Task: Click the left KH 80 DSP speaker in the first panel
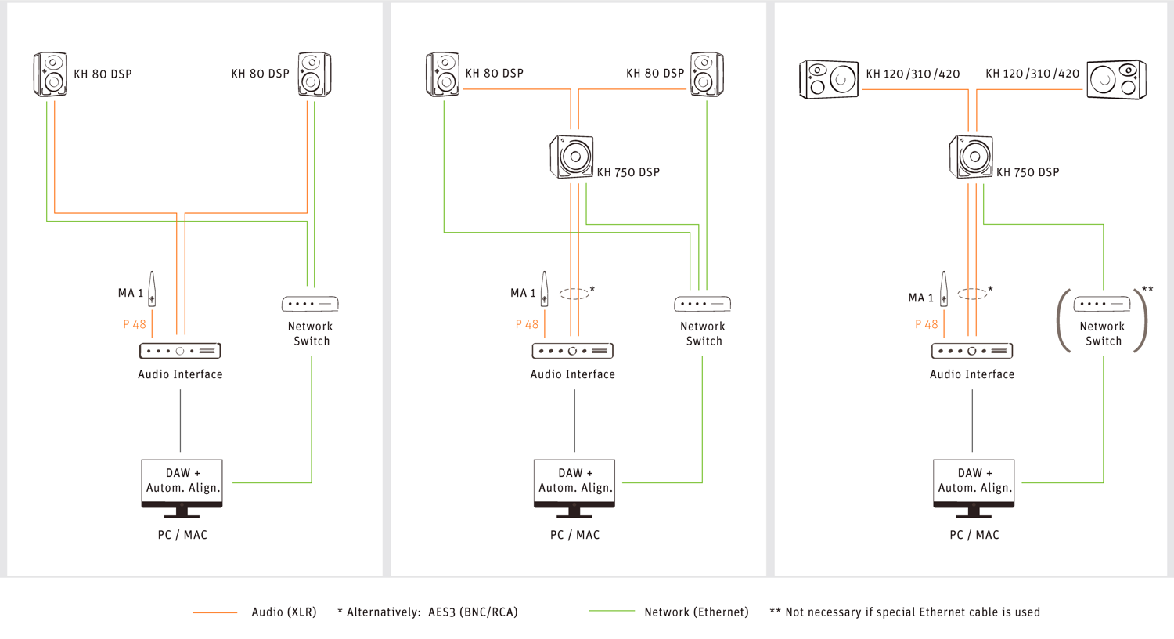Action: [x=50, y=74]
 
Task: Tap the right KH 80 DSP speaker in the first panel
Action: [x=315, y=74]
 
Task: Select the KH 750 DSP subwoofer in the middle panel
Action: [x=572, y=157]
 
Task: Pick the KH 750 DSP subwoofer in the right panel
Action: [x=971, y=157]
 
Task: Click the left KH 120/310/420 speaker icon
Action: [x=829, y=79]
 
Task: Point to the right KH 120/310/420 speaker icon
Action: [x=1117, y=79]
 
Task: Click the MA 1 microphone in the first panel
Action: [x=152, y=290]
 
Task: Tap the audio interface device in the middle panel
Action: [x=573, y=351]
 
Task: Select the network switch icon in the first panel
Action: [x=310, y=304]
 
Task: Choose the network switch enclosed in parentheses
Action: [x=1102, y=304]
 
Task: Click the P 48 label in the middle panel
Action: [x=527, y=324]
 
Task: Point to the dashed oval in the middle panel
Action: [x=574, y=294]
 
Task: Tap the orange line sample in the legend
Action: [x=215, y=612]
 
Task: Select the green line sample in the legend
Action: [x=611, y=611]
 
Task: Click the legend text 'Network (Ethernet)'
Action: [x=696, y=612]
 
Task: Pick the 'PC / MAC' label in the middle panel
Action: [x=574, y=535]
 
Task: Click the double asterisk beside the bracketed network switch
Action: [x=1147, y=290]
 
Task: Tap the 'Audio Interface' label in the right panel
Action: [x=972, y=374]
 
